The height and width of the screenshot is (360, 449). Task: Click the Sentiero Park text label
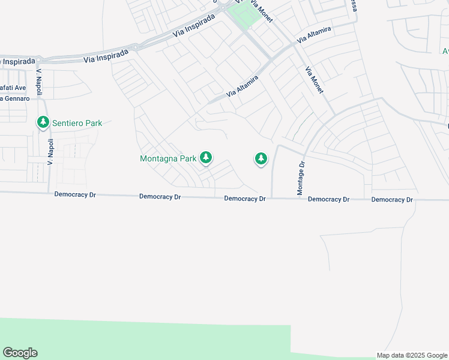tap(77, 123)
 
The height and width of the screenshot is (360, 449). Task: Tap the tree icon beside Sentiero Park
tap(43, 123)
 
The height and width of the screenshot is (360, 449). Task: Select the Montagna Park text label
tap(168, 159)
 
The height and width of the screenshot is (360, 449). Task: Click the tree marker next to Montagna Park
tap(206, 158)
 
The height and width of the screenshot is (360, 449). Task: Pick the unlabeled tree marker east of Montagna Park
tap(261, 158)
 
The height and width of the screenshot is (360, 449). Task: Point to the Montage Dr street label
tap(301, 178)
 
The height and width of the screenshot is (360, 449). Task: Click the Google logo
tap(20, 353)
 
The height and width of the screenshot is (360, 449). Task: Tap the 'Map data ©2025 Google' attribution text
tap(412, 355)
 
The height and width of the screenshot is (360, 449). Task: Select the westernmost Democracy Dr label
tap(75, 194)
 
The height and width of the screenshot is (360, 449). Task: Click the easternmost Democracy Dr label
tap(392, 199)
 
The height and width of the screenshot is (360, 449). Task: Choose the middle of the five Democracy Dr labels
tap(245, 199)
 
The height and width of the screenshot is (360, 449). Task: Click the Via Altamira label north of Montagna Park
tap(242, 87)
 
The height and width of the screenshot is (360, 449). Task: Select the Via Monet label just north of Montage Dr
tap(315, 80)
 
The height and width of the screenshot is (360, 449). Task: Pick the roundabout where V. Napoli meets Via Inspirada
tap(39, 60)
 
